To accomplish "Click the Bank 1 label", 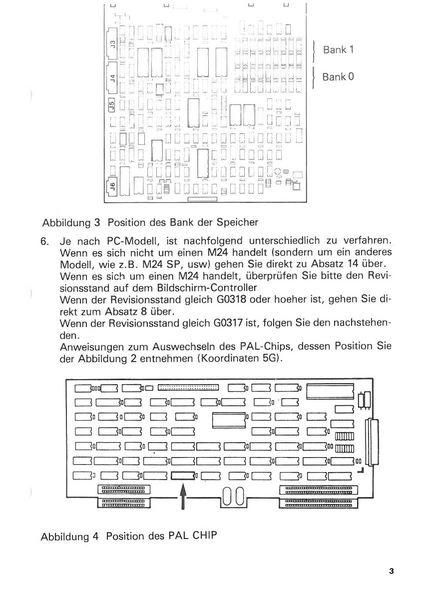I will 339,50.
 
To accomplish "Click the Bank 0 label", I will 338,77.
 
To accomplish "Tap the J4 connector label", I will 112,77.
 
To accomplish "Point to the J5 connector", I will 112,105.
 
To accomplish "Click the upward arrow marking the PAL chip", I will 183,495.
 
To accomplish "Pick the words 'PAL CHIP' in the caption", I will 193,537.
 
